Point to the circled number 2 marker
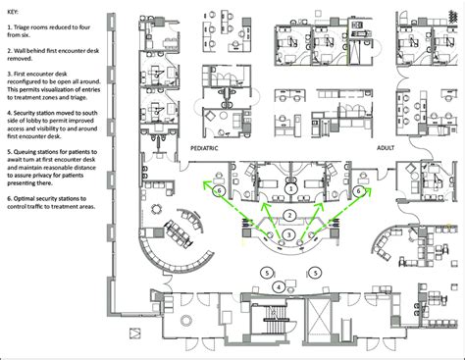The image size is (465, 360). (289, 213)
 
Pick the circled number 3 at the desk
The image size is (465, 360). (289, 235)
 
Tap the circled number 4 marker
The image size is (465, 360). (279, 286)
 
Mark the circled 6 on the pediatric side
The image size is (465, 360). (220, 189)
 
